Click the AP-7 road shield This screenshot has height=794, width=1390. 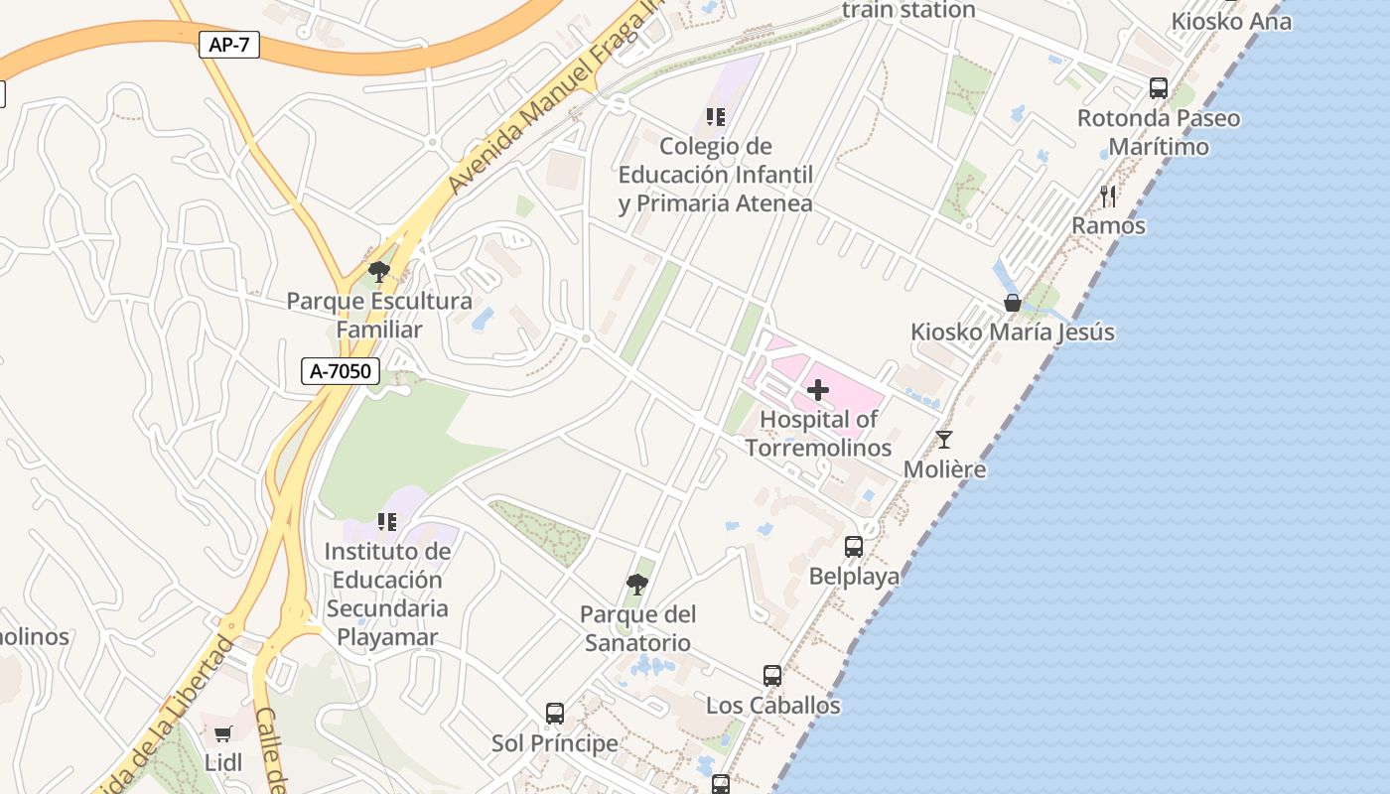click(229, 45)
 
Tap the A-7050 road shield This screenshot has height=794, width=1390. click(341, 371)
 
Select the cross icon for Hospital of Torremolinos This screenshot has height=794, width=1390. click(818, 390)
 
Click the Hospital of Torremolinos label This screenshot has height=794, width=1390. click(818, 434)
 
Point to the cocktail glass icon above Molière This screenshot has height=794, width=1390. click(944, 439)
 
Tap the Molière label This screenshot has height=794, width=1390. click(945, 469)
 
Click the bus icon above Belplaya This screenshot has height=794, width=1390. click(854, 546)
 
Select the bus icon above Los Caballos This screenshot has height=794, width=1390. click(772, 676)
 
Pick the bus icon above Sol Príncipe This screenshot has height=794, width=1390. click(555, 714)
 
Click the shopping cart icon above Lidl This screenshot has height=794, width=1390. click(222, 734)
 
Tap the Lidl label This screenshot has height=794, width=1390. click(222, 763)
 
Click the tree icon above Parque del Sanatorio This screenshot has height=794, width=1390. click(637, 585)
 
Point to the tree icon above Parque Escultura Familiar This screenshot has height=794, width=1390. click(378, 271)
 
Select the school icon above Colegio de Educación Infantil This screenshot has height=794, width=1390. click(716, 117)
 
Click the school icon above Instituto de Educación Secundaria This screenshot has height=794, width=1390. click(387, 521)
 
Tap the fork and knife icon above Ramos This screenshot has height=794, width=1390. click(1108, 197)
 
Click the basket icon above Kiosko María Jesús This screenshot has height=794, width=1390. click(1013, 303)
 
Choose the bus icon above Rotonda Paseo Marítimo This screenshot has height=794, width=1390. click(1159, 88)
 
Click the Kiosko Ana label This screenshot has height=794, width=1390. click(1231, 21)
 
